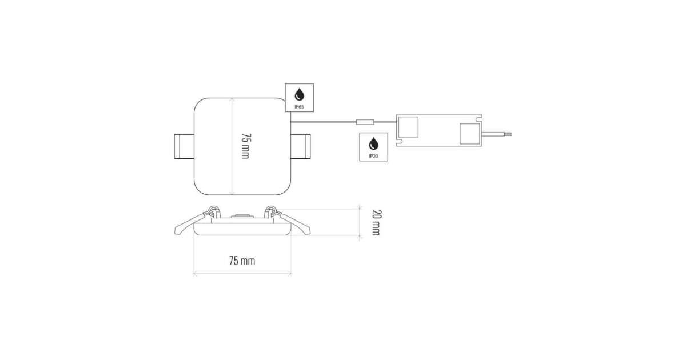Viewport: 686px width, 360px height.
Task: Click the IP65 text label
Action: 299,107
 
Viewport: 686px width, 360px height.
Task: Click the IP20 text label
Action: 373,156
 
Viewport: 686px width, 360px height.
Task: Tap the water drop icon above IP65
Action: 299,95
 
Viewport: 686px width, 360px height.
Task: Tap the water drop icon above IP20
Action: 373,144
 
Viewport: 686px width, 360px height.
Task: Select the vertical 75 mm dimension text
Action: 246,146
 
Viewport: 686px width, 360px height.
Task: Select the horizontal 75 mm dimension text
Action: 242,261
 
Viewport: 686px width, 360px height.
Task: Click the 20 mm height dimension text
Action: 376,222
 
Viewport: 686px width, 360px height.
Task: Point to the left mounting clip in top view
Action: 184,146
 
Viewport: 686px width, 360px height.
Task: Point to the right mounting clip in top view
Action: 301,146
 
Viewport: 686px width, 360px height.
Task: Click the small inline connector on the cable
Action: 365,122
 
